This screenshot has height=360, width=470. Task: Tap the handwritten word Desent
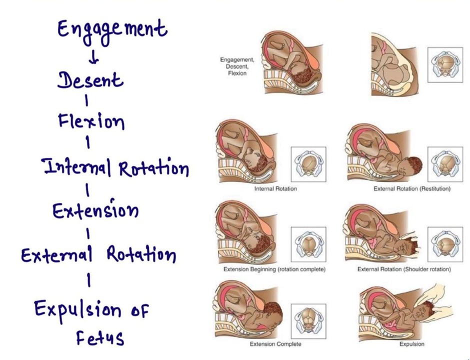click(x=89, y=80)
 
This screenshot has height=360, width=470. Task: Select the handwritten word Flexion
click(x=91, y=121)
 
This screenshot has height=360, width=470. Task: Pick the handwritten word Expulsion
click(x=77, y=310)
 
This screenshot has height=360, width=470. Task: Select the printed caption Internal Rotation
click(x=275, y=189)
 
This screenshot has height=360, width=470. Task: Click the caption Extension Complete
click(x=275, y=344)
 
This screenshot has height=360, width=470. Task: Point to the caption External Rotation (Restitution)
click(x=412, y=189)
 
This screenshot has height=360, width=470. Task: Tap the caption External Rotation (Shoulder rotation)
click(x=404, y=269)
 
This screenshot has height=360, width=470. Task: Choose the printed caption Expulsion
click(x=411, y=344)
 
